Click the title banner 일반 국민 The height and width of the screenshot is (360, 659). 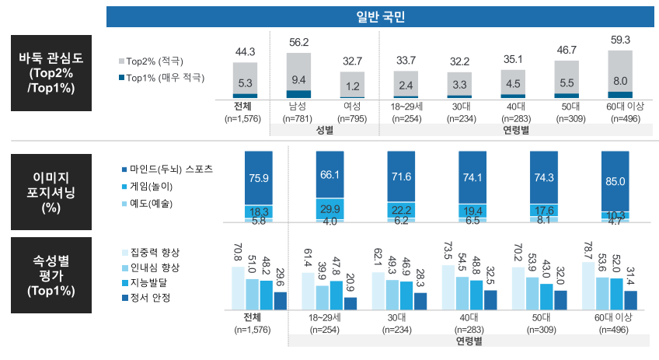381,17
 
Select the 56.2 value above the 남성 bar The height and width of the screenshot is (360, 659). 298,43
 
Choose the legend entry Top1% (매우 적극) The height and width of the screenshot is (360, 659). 160,78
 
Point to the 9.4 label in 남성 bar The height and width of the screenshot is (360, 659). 298,79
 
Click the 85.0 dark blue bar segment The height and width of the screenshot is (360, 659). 615,181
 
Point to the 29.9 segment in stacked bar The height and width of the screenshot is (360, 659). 329,208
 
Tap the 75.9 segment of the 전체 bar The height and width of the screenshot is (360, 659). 257,177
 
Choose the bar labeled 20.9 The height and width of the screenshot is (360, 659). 350,303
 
